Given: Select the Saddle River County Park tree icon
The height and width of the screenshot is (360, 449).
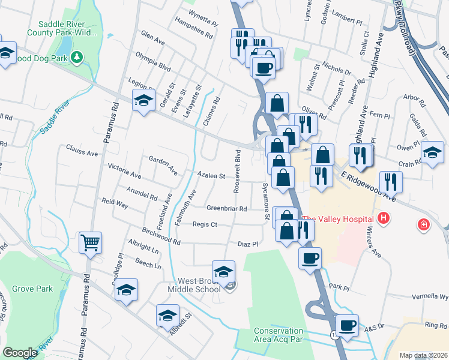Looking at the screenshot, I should [x=77, y=57].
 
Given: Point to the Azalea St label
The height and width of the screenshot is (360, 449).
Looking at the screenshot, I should [x=211, y=176].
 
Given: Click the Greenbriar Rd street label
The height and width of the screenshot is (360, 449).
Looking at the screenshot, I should [x=227, y=208].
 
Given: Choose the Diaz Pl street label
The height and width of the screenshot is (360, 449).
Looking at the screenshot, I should [x=247, y=244].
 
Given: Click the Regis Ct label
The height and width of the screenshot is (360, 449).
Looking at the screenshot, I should [x=205, y=224].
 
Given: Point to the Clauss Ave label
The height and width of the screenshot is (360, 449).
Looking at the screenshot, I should [x=82, y=153].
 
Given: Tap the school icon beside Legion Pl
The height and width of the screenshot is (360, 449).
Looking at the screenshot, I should [x=143, y=101].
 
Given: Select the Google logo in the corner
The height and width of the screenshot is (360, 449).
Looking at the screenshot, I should [x=20, y=353].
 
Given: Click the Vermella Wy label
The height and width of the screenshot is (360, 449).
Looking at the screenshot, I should [x=430, y=296].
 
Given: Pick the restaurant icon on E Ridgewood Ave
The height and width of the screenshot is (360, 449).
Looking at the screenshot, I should [x=391, y=182].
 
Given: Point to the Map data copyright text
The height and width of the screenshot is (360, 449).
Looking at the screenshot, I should [x=423, y=355].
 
